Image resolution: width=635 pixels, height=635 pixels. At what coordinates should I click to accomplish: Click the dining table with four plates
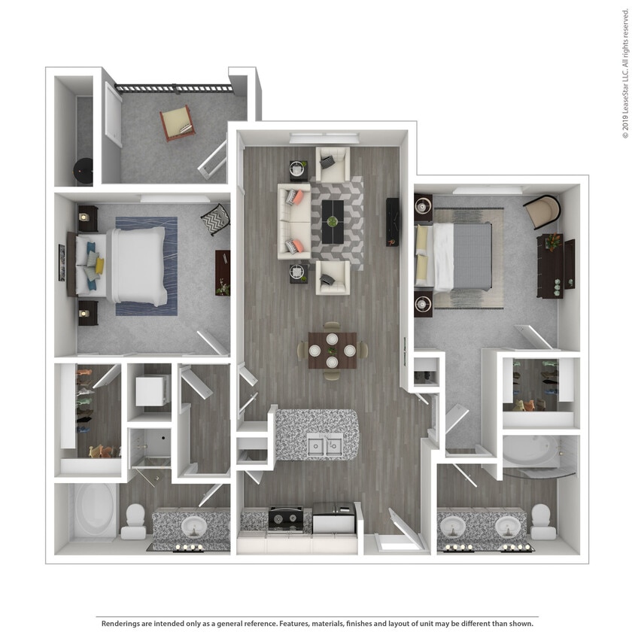pyautogui.click(x=332, y=350)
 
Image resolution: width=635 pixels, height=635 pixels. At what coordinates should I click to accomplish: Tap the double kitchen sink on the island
pyautogui.click(x=324, y=445)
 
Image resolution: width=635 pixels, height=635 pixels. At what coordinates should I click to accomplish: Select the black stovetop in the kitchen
pyautogui.click(x=286, y=518)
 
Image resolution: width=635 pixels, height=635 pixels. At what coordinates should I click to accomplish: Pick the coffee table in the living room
pyautogui.click(x=333, y=221)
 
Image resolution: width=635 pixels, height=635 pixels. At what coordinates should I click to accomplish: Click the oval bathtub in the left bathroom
pyautogui.click(x=95, y=511)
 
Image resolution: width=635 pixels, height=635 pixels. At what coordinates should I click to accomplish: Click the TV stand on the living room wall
pyautogui.click(x=392, y=221)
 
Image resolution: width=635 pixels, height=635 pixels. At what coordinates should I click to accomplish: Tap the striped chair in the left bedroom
pyautogui.click(x=215, y=219)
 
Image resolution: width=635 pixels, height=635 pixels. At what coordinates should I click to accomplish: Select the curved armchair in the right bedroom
pyautogui.click(x=543, y=211)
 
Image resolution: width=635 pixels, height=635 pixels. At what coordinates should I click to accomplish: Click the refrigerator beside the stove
pyautogui.click(x=333, y=518)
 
